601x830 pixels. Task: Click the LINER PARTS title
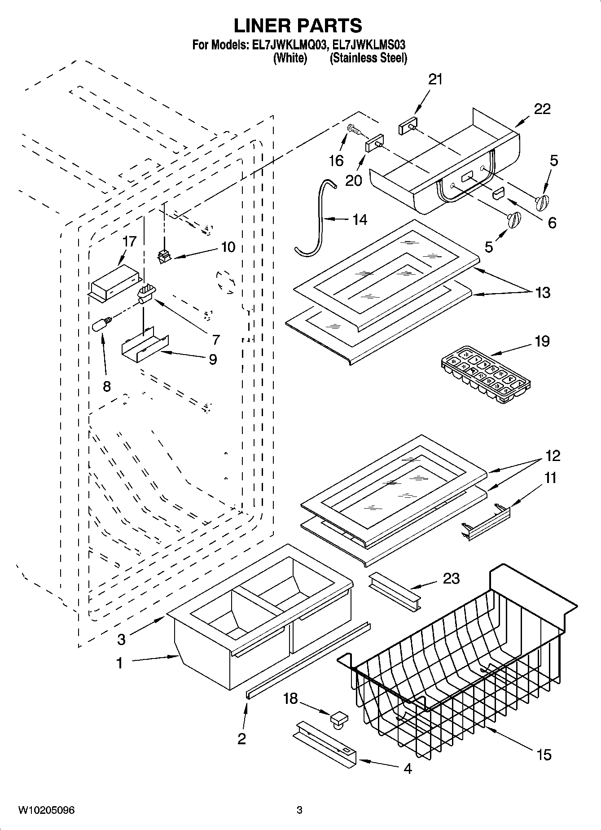[x=298, y=26]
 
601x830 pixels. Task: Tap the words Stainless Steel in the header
[x=368, y=58]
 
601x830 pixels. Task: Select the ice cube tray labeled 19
[x=485, y=373]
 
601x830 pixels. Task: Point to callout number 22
[x=542, y=109]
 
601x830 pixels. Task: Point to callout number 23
[x=451, y=578]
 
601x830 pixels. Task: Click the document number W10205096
[x=46, y=810]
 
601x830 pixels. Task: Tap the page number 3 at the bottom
[x=299, y=810]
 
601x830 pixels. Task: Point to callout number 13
[x=543, y=292]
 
